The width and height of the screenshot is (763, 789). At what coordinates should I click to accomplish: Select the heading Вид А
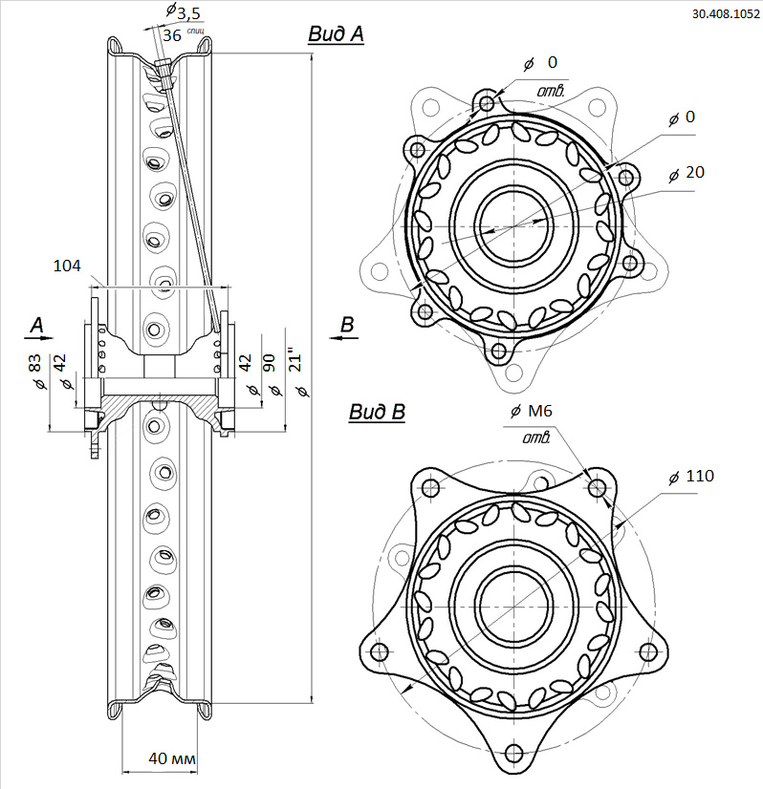[x=335, y=34]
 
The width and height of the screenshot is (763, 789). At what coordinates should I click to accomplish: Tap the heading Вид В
[x=377, y=413]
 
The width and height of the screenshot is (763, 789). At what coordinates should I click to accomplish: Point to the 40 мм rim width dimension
[x=172, y=759]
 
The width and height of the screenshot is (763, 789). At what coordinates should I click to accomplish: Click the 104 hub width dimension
[x=68, y=267]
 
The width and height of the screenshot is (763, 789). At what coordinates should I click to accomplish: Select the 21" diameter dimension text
[x=303, y=361]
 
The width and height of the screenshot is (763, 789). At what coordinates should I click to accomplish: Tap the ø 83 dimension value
[x=34, y=364]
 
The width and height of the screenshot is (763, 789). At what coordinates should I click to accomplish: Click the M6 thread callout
[x=540, y=411]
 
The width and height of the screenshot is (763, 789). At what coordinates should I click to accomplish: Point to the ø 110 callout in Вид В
[x=699, y=476]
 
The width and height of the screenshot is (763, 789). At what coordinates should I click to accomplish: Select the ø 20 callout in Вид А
[x=694, y=173]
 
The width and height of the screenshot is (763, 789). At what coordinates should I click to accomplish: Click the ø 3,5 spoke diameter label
[x=187, y=11]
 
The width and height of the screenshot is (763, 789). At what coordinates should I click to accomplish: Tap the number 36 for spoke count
[x=172, y=34]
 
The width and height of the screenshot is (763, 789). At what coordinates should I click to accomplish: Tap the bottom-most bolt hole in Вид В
[x=516, y=751]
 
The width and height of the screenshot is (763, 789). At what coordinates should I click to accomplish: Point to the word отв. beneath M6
[x=536, y=438]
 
